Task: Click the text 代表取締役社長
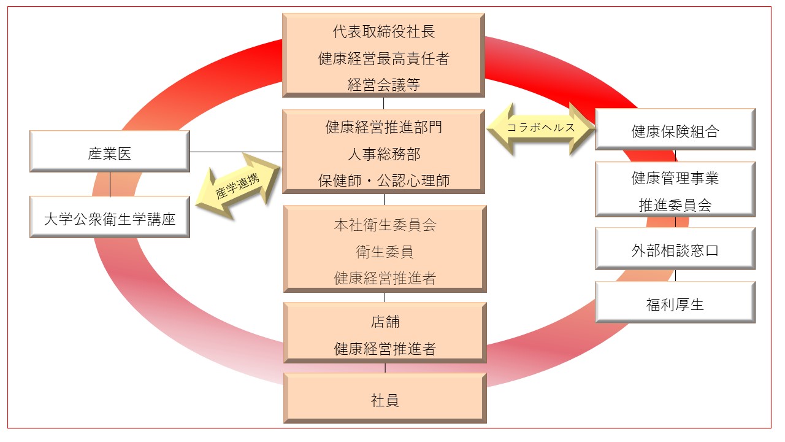[383, 32]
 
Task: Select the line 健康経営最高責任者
[383, 59]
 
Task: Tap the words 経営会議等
[383, 85]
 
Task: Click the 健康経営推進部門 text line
[383, 127]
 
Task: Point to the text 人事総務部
[383, 153]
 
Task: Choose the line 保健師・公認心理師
[383, 180]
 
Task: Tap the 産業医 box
[109, 152]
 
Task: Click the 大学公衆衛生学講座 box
[109, 218]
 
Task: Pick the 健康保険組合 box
[675, 130]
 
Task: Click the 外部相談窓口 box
[675, 250]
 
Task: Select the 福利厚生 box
[675, 303]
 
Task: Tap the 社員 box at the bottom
[385, 400]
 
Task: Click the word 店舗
[385, 322]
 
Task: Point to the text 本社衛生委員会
[385, 225]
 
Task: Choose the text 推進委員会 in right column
[675, 205]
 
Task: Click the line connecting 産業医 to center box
[236, 152]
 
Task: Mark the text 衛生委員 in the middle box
[385, 252]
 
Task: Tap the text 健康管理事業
[675, 178]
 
